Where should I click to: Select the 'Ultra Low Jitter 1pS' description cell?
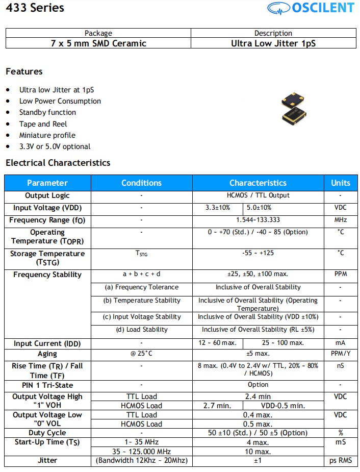pyautogui.click(x=273, y=43)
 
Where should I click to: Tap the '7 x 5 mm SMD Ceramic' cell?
pyautogui.click(x=98, y=43)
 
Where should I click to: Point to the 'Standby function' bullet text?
pyautogui.click(x=47, y=112)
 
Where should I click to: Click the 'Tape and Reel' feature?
pyautogui.click(x=43, y=124)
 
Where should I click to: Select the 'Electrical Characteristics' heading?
pyautogui.click(x=58, y=163)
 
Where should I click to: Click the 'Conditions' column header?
pyautogui.click(x=141, y=183)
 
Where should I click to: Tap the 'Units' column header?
pyautogui.click(x=340, y=183)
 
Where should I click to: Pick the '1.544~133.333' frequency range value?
pyautogui.click(x=258, y=220)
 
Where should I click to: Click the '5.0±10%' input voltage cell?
pyautogui.click(x=259, y=208)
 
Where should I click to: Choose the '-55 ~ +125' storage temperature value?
pyautogui.click(x=258, y=253)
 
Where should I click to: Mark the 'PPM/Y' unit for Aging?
pyautogui.click(x=341, y=354)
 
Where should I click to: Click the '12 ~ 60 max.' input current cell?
pyautogui.click(x=217, y=343)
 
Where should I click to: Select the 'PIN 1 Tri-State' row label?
pyautogui.click(x=47, y=385)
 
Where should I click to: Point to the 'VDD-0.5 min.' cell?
pyautogui.click(x=284, y=406)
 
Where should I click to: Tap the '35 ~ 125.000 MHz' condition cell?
pyautogui.click(x=141, y=451)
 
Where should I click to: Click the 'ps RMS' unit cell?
pyautogui.click(x=341, y=460)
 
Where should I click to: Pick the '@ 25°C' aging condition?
pyautogui.click(x=141, y=354)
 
